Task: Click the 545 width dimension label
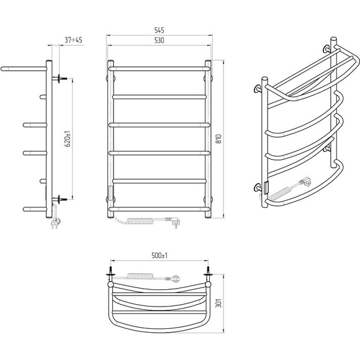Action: click(x=159, y=30)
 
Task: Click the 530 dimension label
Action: click(x=159, y=40)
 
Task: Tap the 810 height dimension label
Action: click(x=219, y=139)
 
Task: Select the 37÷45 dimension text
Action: click(x=73, y=40)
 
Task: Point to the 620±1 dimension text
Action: click(x=68, y=139)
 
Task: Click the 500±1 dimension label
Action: click(x=160, y=255)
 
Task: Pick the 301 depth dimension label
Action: click(x=219, y=303)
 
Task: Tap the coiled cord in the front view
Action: click(x=140, y=221)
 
